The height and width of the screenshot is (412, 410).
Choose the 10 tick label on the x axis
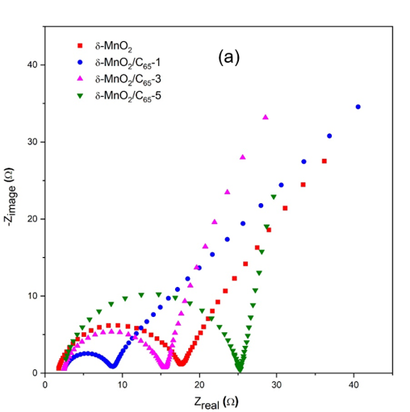click(x=123, y=385)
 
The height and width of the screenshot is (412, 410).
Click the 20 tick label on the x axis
click(x=199, y=385)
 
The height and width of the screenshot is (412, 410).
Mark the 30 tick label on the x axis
click(x=277, y=385)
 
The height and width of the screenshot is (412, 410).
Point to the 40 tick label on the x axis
click(x=354, y=385)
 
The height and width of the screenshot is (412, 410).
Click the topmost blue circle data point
click(x=358, y=106)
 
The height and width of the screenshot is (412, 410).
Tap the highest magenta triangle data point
click(x=265, y=118)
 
